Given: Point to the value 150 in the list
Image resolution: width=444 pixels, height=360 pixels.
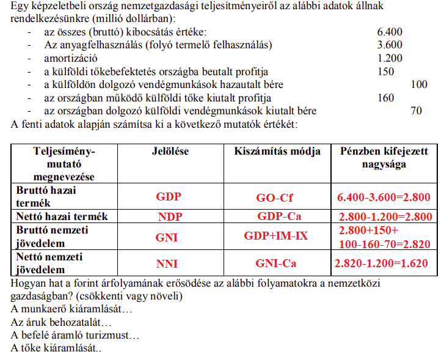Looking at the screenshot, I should click(x=386, y=72).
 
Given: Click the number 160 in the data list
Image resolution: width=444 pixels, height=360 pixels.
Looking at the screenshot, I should click(x=386, y=98).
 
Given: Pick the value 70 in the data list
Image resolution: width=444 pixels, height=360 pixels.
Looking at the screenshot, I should click(x=417, y=111).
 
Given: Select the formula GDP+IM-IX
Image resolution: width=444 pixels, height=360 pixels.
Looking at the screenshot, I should click(x=276, y=235).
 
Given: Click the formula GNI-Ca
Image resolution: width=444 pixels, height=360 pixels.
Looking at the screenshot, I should click(x=275, y=264).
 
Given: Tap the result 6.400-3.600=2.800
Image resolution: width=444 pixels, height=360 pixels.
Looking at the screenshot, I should click(x=384, y=197).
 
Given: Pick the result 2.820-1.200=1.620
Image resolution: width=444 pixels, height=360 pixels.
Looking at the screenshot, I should click(x=384, y=264).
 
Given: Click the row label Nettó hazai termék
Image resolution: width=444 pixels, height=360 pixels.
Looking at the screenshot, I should click(x=62, y=216).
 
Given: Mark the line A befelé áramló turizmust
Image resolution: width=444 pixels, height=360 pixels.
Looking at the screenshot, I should click(x=75, y=336).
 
